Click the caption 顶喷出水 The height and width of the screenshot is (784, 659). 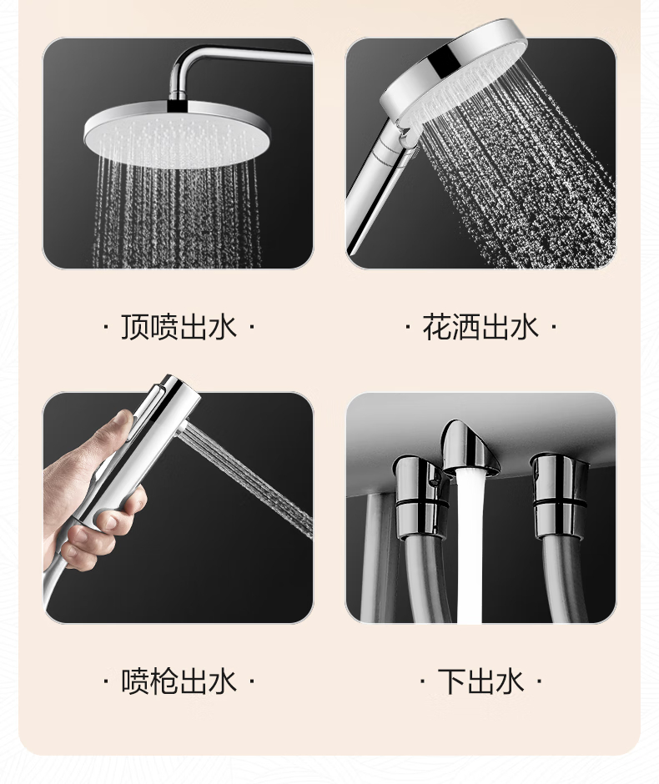[179, 328]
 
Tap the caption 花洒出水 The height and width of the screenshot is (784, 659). [480, 328]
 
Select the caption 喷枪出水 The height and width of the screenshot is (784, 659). [179, 681]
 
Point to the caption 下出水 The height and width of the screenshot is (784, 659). [480, 681]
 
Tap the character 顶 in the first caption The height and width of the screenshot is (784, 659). [134, 328]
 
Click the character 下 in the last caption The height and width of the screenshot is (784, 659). [451, 681]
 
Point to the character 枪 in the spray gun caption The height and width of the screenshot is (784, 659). [163, 681]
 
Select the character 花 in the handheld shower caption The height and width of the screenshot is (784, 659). [436, 328]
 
